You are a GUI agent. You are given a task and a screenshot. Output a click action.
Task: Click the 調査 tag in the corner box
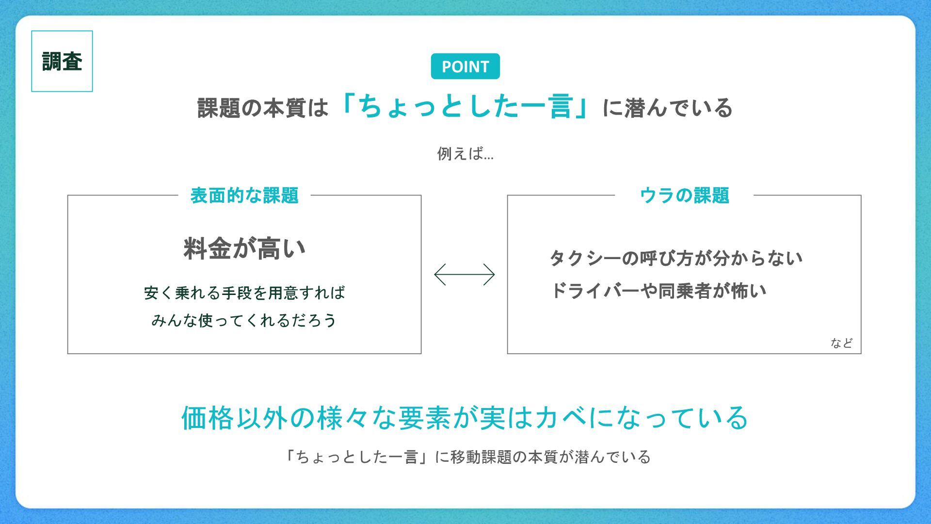[62, 62]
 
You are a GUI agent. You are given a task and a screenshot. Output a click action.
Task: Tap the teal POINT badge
[465, 66]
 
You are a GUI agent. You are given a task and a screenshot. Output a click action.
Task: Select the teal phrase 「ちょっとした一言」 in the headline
[465, 107]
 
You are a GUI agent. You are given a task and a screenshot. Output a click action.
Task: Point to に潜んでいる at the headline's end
[667, 108]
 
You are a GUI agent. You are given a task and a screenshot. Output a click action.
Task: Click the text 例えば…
[465, 154]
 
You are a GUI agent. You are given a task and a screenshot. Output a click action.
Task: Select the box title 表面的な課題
[244, 196]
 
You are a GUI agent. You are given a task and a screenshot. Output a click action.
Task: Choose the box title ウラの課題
[684, 196]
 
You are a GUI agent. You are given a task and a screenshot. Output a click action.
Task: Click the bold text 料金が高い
[244, 248]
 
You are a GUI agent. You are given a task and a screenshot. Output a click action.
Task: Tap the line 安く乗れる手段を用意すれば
[244, 293]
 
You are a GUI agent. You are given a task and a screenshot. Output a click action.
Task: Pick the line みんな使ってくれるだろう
[244, 320]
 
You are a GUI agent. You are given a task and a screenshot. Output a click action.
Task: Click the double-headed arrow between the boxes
[465, 275]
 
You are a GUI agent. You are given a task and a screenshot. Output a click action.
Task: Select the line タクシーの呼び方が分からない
[676, 258]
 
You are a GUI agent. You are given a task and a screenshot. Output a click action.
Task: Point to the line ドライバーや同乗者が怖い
[658, 291]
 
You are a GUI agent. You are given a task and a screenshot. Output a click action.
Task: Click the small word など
[841, 343]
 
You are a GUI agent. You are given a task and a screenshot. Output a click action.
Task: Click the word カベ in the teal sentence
[561, 418]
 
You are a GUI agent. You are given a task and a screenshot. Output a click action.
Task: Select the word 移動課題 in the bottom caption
[481, 457]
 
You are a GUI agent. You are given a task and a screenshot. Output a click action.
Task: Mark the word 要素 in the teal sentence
[425, 418]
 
